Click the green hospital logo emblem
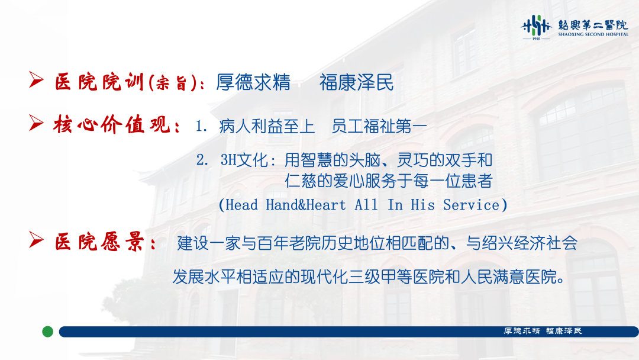click(x=536, y=25)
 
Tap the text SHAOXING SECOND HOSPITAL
click(x=593, y=34)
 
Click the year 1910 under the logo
click(x=536, y=38)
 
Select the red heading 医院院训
click(x=99, y=82)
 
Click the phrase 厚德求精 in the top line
click(x=253, y=82)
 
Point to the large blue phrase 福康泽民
click(x=357, y=82)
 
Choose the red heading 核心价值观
click(x=112, y=124)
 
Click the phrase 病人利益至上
click(x=267, y=126)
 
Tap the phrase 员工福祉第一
click(x=379, y=126)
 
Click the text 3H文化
click(x=244, y=160)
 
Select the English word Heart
click(x=326, y=205)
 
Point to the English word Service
click(x=471, y=205)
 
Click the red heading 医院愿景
click(x=99, y=242)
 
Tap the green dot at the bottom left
click(x=48, y=332)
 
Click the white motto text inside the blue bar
click(x=543, y=331)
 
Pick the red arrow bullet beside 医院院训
click(x=36, y=79)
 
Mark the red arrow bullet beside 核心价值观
click(x=36, y=123)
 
